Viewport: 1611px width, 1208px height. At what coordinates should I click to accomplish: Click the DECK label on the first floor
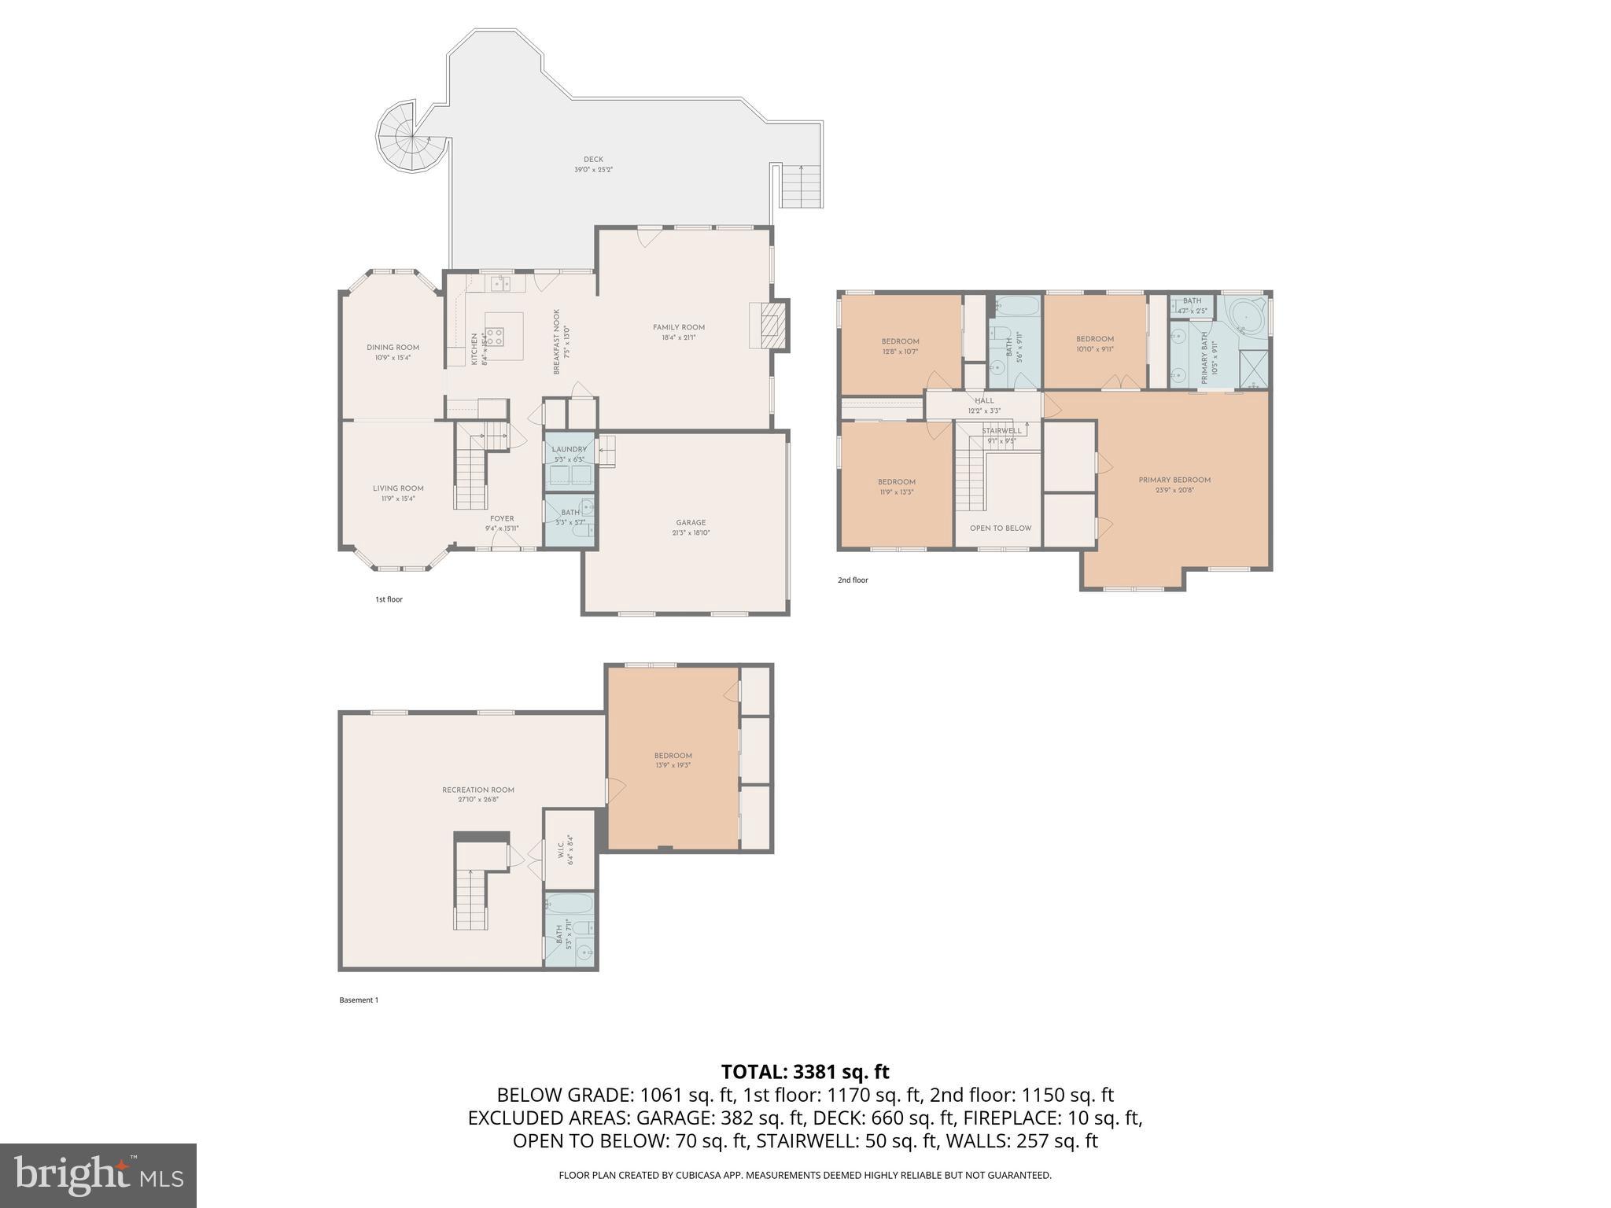click(x=593, y=160)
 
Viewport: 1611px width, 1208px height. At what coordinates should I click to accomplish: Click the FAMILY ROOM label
click(x=678, y=327)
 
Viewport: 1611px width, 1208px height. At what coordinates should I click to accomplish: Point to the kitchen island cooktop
click(x=494, y=337)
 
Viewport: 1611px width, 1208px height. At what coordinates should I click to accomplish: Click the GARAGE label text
click(x=691, y=522)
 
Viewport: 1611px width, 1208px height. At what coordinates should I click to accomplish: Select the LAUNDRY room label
click(x=569, y=449)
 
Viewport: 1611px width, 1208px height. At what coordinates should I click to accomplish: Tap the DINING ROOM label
click(x=393, y=347)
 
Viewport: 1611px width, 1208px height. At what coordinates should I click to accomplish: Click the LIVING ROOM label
click(x=398, y=488)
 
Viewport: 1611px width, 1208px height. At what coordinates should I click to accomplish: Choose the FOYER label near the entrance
click(x=502, y=518)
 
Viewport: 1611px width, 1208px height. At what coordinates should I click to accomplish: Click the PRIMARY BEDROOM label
click(x=1174, y=480)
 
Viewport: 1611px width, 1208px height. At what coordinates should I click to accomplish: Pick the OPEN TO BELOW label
click(x=1000, y=528)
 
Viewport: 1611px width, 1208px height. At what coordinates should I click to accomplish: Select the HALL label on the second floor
click(x=984, y=400)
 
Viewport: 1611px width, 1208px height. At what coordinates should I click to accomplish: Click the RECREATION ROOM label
click(x=477, y=790)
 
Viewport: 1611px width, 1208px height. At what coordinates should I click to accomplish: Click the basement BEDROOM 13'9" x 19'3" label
click(x=673, y=756)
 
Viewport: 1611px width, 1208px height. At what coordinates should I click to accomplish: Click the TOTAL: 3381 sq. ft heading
click(x=805, y=1072)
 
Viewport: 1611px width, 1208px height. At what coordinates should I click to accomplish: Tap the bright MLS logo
click(x=98, y=1175)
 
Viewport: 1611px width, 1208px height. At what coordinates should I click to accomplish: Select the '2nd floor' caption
click(x=853, y=580)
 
